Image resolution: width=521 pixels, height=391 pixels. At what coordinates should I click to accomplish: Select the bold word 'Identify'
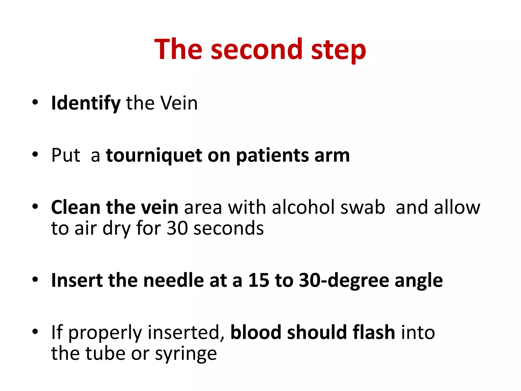[x=86, y=103]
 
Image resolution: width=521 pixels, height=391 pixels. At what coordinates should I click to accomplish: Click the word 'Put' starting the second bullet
[x=66, y=155]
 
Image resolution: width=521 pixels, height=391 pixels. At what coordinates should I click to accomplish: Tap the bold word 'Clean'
[x=76, y=207]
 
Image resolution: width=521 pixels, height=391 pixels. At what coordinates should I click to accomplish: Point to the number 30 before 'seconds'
[x=177, y=228]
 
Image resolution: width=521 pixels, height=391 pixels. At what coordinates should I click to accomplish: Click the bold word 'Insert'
[x=77, y=280]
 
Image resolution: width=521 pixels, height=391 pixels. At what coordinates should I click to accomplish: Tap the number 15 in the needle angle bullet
[x=258, y=280]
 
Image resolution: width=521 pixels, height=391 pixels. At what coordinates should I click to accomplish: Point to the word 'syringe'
[x=186, y=354]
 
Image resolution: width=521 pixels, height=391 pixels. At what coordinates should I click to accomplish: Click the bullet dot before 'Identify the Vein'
[x=35, y=103]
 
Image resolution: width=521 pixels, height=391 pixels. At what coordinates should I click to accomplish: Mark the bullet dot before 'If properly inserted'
[x=35, y=332]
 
